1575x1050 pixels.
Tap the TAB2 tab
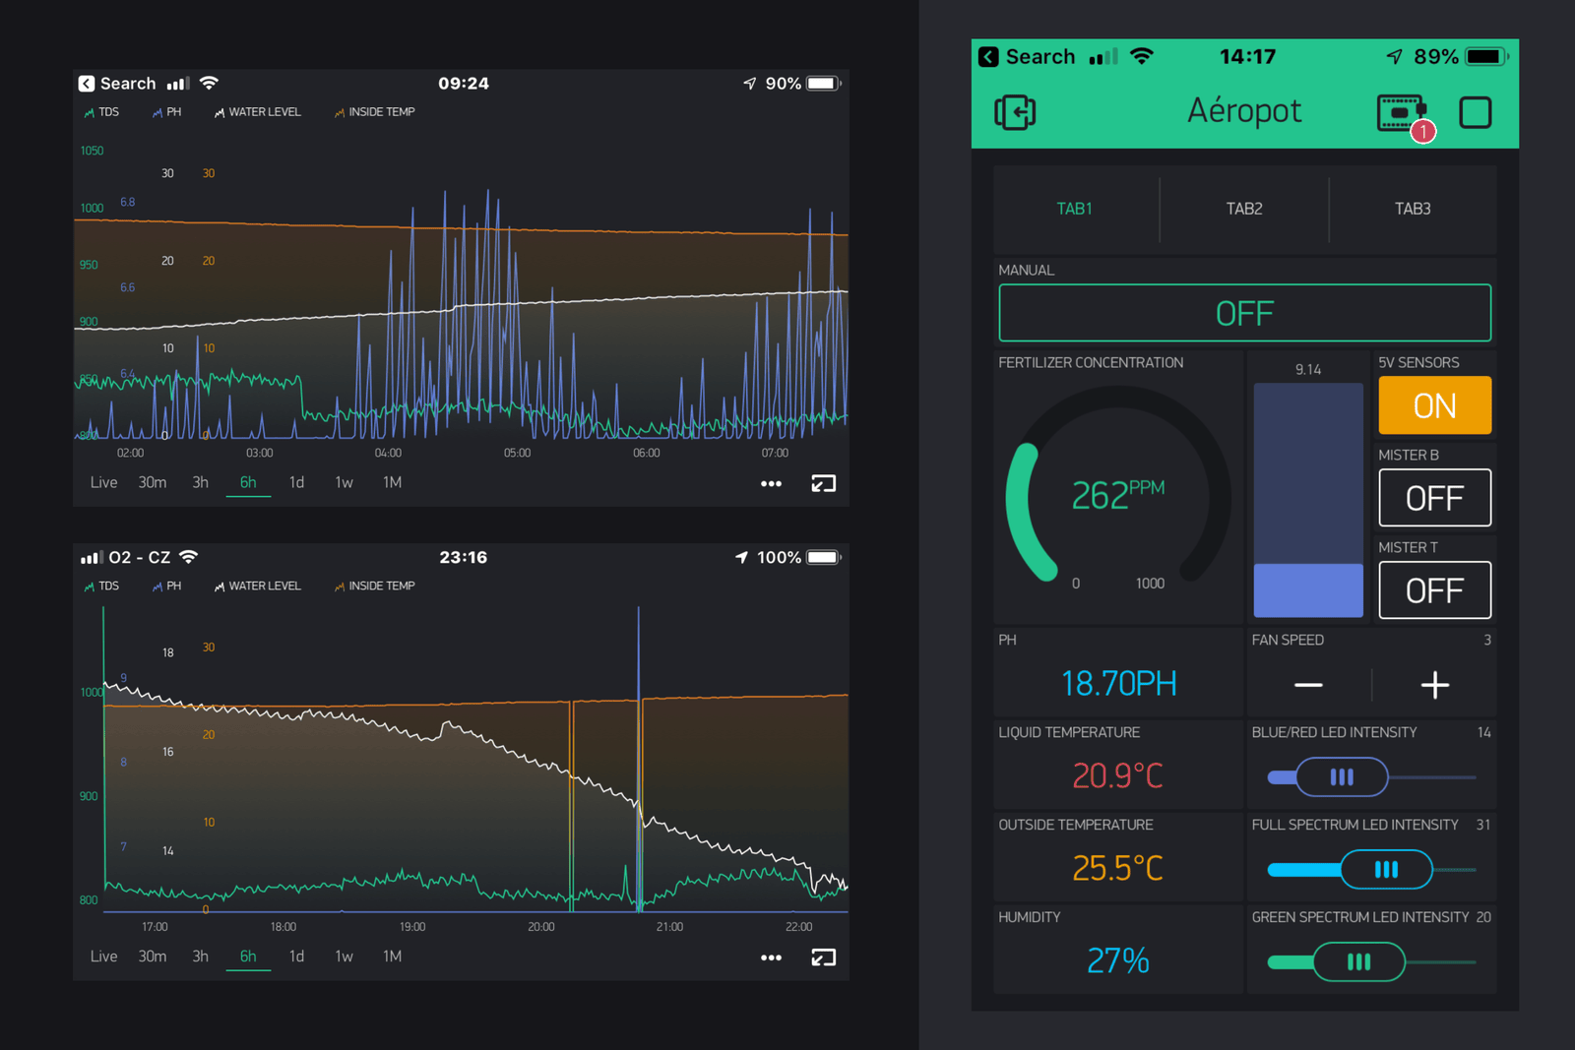coord(1243,209)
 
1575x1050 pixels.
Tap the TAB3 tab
coord(1412,209)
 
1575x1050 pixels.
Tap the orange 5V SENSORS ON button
coord(1434,405)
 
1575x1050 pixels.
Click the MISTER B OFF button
coord(1434,498)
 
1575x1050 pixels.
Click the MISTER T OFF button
coord(1434,590)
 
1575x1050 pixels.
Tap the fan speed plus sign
coord(1434,685)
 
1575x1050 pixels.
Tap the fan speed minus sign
coord(1308,685)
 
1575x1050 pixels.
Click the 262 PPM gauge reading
coord(1116,494)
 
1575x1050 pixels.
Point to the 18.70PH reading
coord(1118,683)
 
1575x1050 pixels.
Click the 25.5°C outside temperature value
coord(1117,868)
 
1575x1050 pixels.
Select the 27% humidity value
coord(1117,960)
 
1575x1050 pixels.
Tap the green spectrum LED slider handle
coord(1358,962)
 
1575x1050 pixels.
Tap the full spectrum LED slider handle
coord(1386,870)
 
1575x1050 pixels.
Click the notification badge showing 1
coord(1422,132)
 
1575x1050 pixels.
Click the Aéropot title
coord(1244,111)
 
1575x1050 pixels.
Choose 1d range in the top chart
coord(296,482)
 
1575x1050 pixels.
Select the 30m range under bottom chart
coord(153,957)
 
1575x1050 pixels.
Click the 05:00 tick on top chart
coord(517,453)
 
